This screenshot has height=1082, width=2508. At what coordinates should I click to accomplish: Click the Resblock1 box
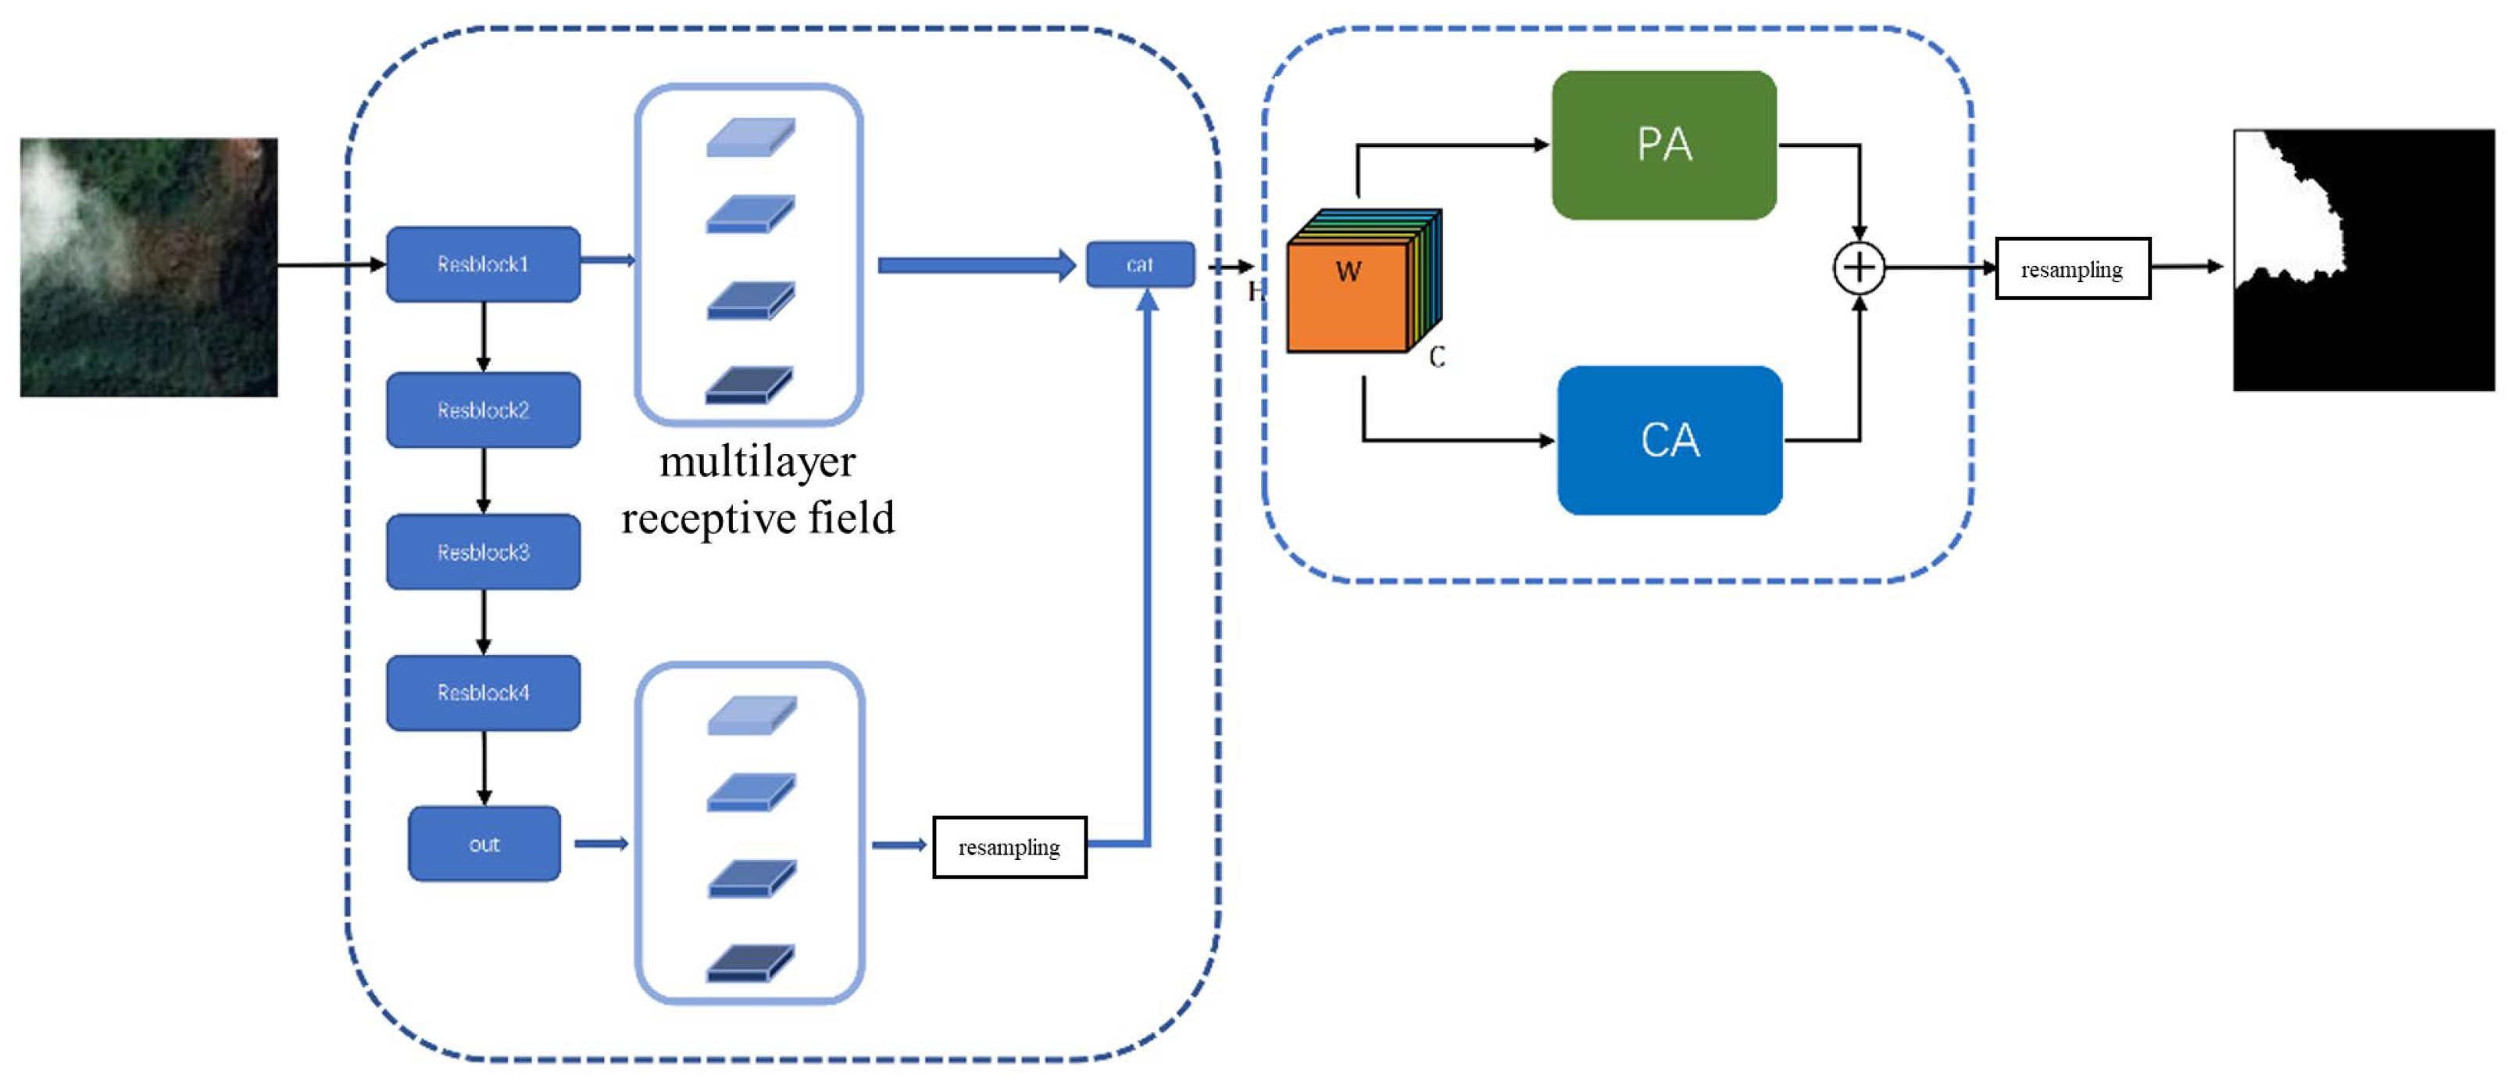coord(483,264)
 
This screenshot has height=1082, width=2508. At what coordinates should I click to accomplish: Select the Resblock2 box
coord(483,410)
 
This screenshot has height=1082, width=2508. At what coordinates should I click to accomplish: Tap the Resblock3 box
coord(483,552)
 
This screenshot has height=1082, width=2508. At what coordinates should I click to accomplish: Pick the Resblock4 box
coord(483,693)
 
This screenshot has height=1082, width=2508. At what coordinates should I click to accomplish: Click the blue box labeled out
coord(484,844)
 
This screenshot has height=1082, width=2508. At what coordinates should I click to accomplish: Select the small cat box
coord(1139,264)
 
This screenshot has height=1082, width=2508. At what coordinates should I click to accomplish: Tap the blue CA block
coord(1669,440)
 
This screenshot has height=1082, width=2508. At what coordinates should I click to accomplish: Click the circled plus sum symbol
coord(1859,268)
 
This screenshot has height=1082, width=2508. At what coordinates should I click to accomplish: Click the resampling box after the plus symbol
coord(2072,269)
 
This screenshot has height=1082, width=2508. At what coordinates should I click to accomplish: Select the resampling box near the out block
coord(1009,847)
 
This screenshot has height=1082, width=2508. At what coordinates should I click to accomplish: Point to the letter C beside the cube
coord(1437,357)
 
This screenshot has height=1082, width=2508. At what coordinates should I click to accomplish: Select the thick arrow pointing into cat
coord(974,265)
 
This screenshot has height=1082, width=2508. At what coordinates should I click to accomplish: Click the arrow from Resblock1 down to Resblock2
coord(483,336)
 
